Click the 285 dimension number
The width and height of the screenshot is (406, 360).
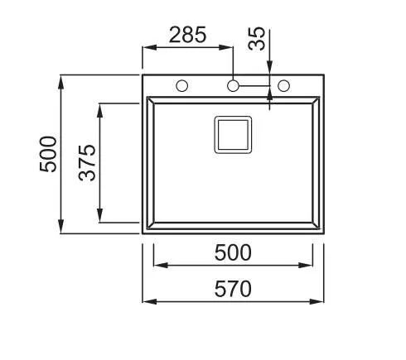[187, 35]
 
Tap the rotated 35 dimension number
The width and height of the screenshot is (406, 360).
[257, 39]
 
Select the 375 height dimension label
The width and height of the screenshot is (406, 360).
[87, 163]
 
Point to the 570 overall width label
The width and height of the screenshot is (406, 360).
[233, 289]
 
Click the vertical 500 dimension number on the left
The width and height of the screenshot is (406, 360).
[48, 154]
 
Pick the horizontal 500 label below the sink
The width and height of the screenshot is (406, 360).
[233, 252]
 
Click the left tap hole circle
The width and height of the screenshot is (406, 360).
[182, 86]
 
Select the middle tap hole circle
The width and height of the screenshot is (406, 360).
[233, 86]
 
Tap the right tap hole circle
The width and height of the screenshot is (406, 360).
[283, 86]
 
